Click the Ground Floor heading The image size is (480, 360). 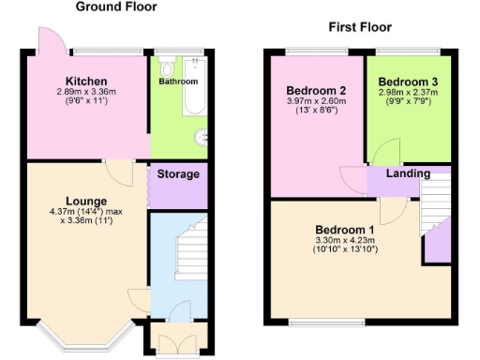(x=115, y=7)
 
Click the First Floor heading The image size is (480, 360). (x=359, y=27)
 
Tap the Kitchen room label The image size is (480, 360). (x=85, y=81)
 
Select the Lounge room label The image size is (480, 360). (x=85, y=201)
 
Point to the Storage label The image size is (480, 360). (x=178, y=174)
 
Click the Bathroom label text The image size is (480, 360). (x=177, y=82)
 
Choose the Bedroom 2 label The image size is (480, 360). (x=315, y=91)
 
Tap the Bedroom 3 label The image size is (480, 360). (x=408, y=82)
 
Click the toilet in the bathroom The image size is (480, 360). (x=167, y=67)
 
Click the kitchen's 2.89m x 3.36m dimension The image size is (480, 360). (x=85, y=92)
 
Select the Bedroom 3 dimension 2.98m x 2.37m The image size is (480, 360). (x=408, y=93)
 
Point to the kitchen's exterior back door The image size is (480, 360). (x=46, y=40)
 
